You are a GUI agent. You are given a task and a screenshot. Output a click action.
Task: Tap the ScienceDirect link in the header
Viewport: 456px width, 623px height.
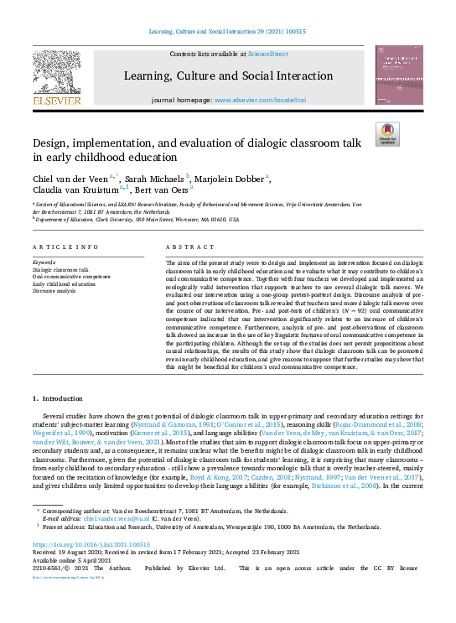(x=267, y=54)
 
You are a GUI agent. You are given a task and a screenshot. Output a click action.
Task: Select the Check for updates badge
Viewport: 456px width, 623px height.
(x=387, y=132)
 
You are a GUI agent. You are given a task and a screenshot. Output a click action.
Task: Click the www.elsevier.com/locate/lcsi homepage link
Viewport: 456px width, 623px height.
(x=255, y=100)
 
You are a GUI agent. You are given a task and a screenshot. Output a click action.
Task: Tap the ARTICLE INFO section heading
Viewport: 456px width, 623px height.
(x=62, y=248)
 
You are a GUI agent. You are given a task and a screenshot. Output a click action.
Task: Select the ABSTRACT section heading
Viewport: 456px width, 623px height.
(x=185, y=248)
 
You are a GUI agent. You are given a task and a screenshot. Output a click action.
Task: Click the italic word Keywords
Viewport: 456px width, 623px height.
(x=44, y=262)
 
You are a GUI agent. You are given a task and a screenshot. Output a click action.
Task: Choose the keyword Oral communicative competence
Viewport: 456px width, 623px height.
(x=71, y=276)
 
